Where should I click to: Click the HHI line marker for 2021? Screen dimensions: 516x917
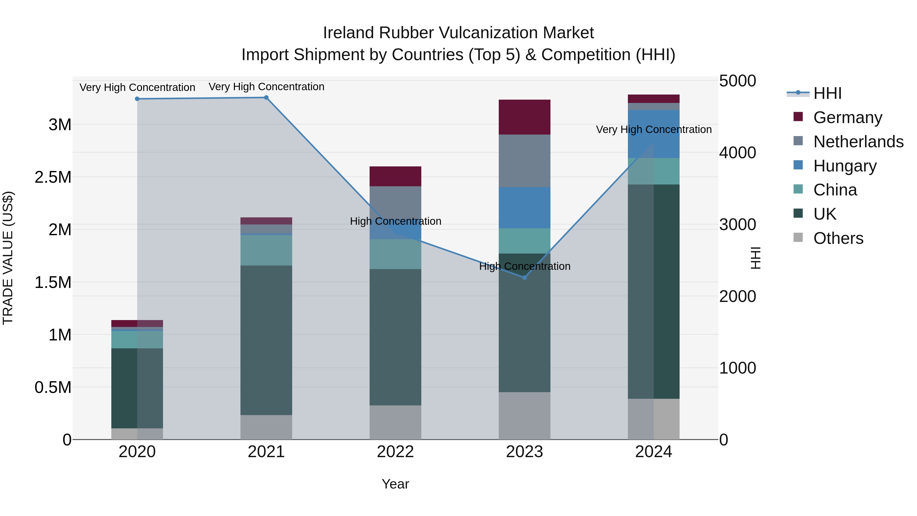[266, 98]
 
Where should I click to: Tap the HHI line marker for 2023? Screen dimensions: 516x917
[524, 277]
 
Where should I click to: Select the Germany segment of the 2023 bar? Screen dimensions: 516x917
[524, 117]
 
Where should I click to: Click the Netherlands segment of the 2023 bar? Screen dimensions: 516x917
[524, 161]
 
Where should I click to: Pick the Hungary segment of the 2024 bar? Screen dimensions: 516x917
[654, 134]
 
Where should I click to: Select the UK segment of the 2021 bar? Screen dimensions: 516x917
[266, 340]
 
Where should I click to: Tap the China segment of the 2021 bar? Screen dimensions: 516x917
[266, 250]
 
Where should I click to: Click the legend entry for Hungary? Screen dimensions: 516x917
[845, 166]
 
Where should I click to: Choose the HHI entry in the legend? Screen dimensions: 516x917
[827, 93]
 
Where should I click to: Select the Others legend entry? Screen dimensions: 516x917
[838, 238]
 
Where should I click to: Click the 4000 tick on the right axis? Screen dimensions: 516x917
[737, 153]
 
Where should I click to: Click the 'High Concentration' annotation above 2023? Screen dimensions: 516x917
[524, 266]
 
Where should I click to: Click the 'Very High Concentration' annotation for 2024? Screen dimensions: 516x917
[654, 130]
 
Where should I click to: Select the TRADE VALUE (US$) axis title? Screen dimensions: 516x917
[8, 258]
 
